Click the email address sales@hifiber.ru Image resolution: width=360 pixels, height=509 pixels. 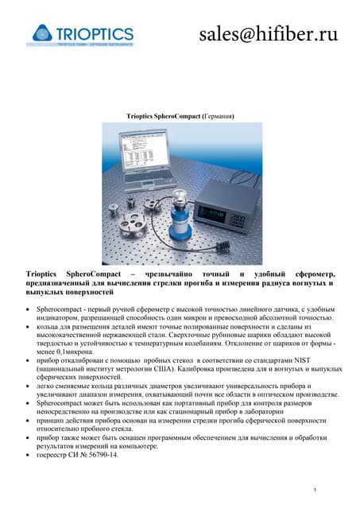(x=268, y=33)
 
